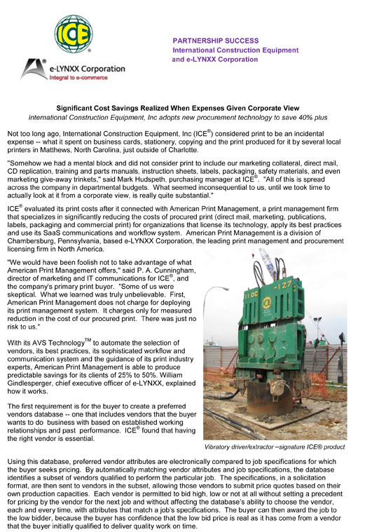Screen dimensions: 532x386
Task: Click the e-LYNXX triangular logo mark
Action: (34, 68)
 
